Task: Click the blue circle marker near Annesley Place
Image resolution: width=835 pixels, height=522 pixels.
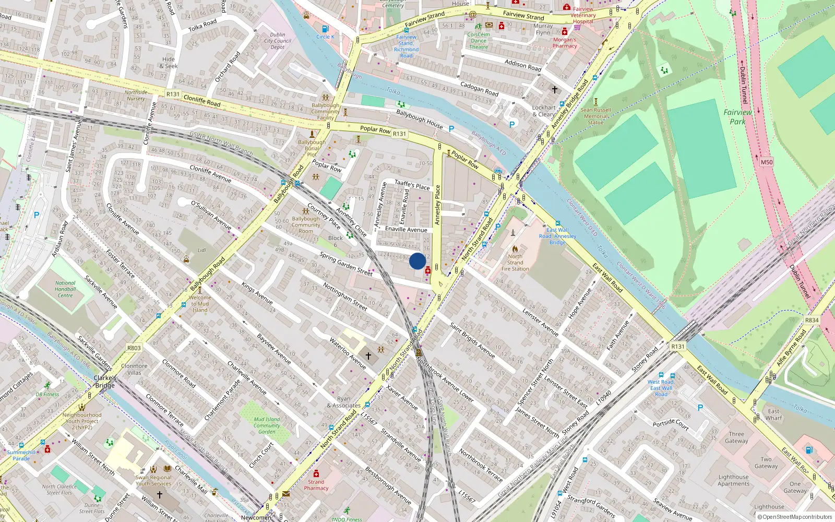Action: point(417,261)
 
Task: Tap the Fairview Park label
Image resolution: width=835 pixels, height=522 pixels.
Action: point(737,116)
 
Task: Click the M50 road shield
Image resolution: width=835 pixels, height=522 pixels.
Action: point(766,162)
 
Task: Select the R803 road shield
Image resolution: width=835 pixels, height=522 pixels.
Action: point(134,348)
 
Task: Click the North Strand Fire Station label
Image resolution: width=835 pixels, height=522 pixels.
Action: point(515,263)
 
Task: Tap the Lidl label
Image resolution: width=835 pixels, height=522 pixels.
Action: point(201,250)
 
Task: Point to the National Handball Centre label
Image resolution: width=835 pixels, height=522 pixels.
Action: point(65,289)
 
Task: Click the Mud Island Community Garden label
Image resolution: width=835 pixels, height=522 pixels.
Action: point(267,425)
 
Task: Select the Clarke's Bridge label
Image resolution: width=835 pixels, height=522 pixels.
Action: point(105,382)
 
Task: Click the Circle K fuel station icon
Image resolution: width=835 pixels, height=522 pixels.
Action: point(325,29)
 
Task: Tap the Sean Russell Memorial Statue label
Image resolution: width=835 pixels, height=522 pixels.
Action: point(595,116)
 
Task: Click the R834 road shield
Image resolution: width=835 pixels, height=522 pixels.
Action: point(812,320)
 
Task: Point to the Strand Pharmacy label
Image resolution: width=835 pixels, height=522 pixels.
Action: point(316,485)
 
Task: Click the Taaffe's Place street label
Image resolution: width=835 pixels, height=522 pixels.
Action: point(412,184)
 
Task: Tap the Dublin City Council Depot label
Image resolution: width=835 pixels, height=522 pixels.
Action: point(278,41)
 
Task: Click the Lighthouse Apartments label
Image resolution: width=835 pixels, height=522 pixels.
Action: point(733,480)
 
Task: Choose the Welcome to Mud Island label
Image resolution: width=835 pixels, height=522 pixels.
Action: point(200,303)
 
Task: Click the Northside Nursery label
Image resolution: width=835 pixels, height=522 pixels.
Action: point(136,95)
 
